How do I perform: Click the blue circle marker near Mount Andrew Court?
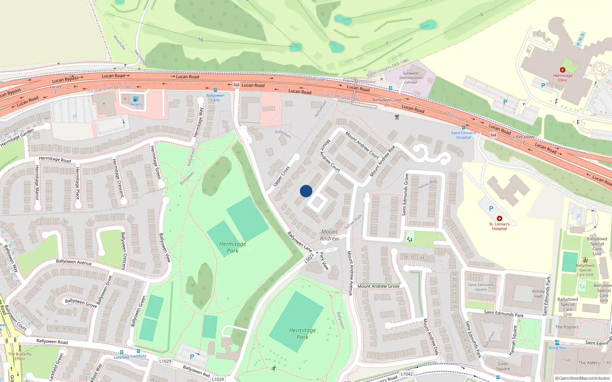point(306,191)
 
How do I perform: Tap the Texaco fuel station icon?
point(135,99)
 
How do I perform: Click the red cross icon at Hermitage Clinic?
point(562,70)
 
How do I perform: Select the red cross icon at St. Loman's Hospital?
point(499,219)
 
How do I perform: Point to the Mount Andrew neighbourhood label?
point(329,235)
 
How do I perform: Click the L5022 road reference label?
point(309,258)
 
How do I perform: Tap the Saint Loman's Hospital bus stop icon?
point(464,128)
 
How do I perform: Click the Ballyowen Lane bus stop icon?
point(215,91)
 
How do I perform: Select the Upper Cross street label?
point(281,176)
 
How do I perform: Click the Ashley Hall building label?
point(538,293)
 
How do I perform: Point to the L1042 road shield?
point(407,374)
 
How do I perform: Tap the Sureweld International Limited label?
point(410,78)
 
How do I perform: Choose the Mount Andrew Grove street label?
point(378,286)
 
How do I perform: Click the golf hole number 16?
point(200,39)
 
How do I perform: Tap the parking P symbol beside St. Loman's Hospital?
point(491,209)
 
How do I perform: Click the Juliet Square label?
point(503,366)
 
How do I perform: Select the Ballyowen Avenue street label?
point(74,262)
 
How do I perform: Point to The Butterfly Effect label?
point(20,356)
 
